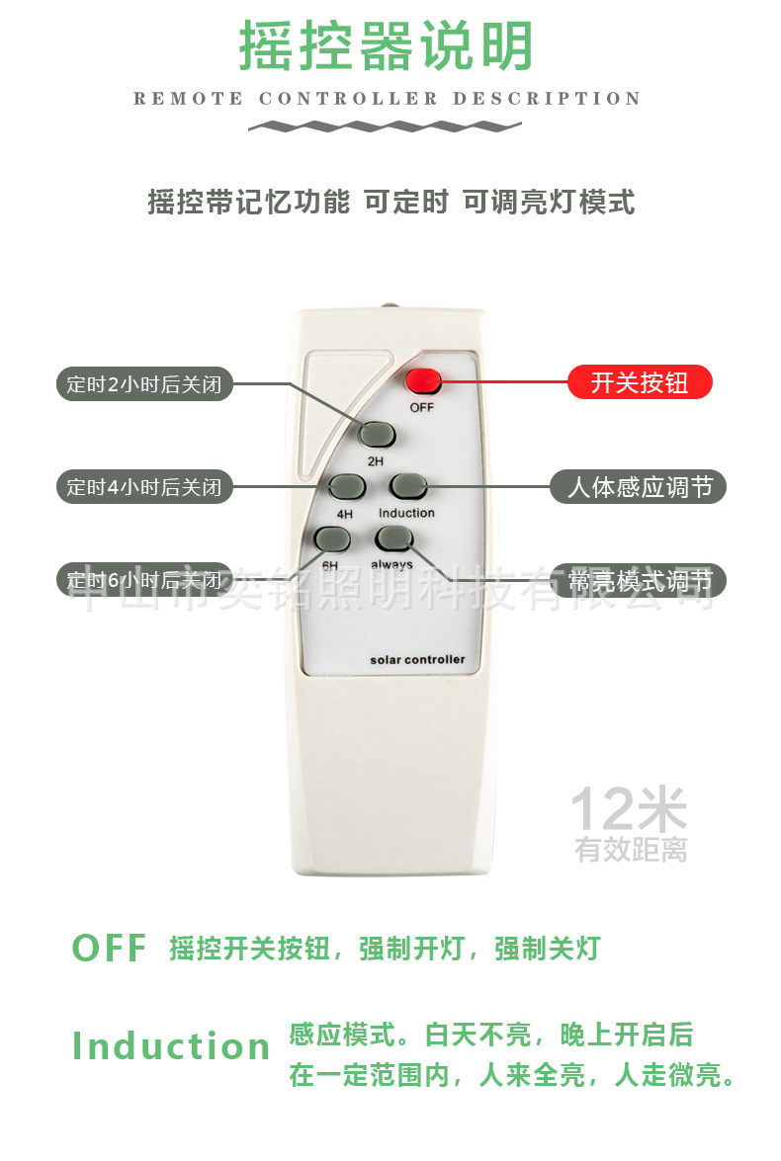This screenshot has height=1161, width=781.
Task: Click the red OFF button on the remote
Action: click(422, 380)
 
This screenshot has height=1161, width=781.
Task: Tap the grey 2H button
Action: click(377, 434)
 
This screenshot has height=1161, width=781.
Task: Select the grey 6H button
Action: click(331, 539)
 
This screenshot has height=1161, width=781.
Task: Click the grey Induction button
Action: click(407, 486)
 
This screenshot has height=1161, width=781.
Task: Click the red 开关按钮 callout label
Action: click(640, 382)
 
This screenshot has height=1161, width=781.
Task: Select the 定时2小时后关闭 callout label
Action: click(143, 384)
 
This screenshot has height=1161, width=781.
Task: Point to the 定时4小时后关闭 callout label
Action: click(143, 486)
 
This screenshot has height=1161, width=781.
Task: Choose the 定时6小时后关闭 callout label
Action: click(143, 580)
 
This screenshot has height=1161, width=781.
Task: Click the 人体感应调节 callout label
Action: click(639, 486)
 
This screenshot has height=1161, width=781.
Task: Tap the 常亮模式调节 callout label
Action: click(639, 580)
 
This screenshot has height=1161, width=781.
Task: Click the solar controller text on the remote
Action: click(416, 659)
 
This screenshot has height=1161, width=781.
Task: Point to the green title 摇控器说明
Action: click(387, 46)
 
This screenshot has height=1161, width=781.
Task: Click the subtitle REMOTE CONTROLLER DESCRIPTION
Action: click(387, 99)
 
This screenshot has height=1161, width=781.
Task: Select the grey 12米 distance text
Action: click(628, 810)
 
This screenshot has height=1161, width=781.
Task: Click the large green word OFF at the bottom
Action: click(109, 949)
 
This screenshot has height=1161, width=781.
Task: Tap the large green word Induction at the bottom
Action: click(171, 1046)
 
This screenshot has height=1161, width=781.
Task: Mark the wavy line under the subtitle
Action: click(385, 126)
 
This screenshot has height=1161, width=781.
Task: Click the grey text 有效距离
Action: click(631, 849)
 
